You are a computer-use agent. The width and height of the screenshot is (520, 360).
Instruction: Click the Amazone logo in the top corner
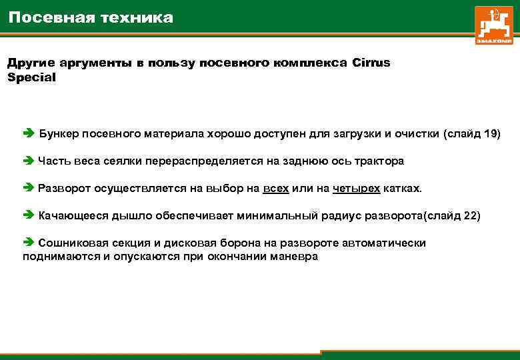[x=494, y=25]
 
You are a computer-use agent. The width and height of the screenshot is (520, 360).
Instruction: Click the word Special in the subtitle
[x=31, y=77]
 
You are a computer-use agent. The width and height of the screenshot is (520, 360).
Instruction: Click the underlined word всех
[x=275, y=189]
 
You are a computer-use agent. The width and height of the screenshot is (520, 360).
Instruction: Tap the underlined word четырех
[x=356, y=189]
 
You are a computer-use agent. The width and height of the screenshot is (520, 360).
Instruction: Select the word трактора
[x=381, y=161]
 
